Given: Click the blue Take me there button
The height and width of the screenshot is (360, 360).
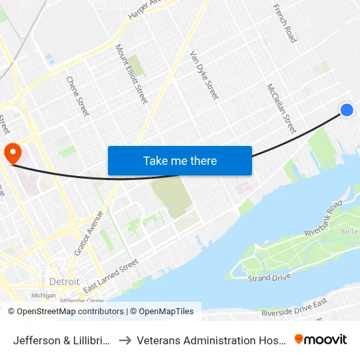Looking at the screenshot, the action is [180, 160].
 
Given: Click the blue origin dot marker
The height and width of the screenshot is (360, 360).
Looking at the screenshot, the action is [347, 110].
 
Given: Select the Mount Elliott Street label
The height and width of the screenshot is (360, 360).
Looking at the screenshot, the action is [131, 73].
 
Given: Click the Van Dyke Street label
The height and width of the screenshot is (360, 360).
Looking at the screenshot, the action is [204, 75].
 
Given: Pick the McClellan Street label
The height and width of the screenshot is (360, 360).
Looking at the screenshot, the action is [281, 107].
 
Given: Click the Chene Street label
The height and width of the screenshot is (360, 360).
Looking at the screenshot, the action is [77, 96].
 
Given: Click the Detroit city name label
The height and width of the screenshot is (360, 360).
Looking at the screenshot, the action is [65, 281].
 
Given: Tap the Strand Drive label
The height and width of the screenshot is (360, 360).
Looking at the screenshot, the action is [268, 279].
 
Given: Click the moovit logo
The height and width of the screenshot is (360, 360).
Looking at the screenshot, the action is [320, 339].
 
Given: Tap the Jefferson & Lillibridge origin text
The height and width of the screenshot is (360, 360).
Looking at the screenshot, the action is [63, 340].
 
